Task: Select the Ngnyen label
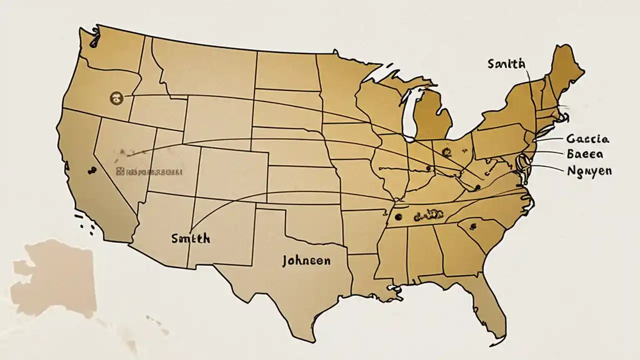[589, 171]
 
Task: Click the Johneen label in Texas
[306, 261]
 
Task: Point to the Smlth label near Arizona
[190, 238]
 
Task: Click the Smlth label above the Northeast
[506, 63]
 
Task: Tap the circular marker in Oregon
[116, 98]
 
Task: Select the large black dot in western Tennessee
[398, 217]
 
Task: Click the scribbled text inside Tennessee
[429, 215]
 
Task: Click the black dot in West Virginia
[477, 186]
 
